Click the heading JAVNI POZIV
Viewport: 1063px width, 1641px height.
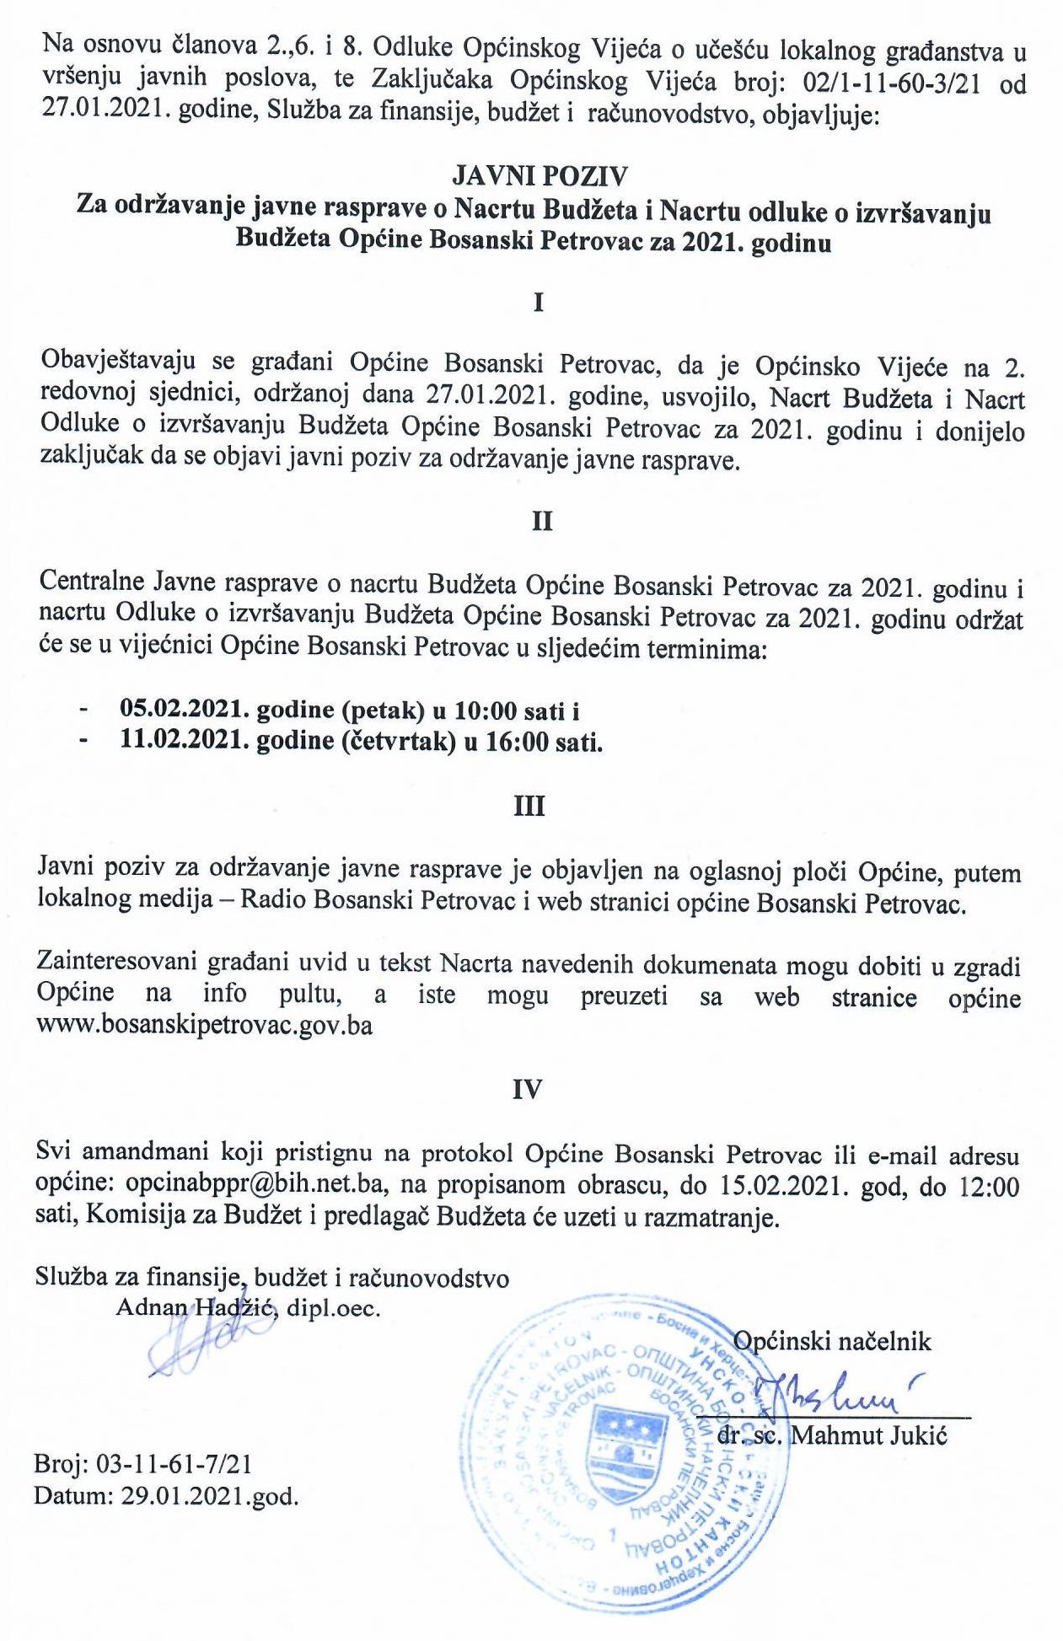point(540,175)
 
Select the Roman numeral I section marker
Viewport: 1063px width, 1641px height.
point(539,303)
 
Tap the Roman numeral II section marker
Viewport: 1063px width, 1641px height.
point(542,522)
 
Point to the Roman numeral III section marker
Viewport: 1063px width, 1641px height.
point(529,807)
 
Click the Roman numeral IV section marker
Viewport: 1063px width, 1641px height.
point(528,1090)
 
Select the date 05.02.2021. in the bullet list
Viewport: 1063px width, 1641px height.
point(185,710)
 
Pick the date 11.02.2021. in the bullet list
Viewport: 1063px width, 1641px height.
point(185,742)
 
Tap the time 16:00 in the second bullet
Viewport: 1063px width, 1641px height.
point(516,742)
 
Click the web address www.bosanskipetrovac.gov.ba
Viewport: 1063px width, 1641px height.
point(205,1027)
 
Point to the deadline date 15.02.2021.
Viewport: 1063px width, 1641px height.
point(781,1186)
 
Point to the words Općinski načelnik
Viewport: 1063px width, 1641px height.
point(832,1341)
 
